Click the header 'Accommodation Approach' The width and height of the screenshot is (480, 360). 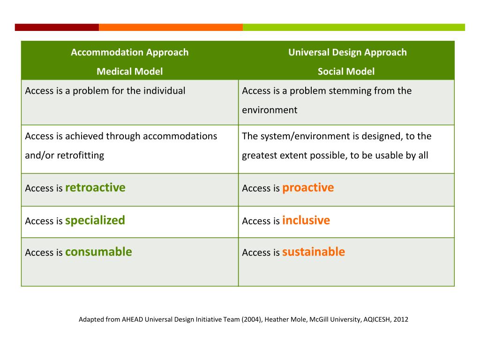coord(129,52)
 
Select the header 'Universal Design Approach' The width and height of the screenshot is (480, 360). coord(347,52)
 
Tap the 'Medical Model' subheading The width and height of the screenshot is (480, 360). coord(129,72)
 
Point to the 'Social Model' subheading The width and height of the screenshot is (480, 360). coord(346,72)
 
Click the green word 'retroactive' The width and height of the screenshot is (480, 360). coord(95,187)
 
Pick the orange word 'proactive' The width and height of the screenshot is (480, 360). coord(308,187)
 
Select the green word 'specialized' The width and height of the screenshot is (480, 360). coord(95,220)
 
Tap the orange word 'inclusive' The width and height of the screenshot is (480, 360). coord(306,220)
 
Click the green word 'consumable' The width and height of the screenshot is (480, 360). coord(98,252)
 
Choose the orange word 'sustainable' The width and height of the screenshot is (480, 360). coord(313,252)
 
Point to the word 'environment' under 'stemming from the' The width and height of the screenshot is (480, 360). coord(270,110)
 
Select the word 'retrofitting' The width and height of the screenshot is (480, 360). coord(80,156)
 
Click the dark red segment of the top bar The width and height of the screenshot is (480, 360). coord(57,27)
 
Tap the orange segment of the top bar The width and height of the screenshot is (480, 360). coord(171,27)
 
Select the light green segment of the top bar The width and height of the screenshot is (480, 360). coord(354,27)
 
